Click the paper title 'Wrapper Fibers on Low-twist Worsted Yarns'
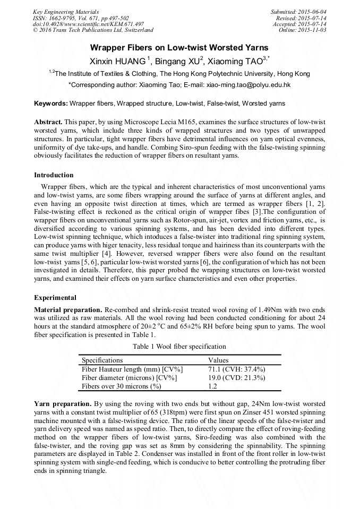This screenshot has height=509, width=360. click(x=180, y=47)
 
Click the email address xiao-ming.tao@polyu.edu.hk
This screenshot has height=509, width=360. click(x=248, y=84)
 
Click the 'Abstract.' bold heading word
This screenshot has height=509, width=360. click(x=49, y=122)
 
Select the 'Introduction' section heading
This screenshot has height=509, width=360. click(x=54, y=175)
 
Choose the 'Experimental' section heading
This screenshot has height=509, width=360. click(x=55, y=297)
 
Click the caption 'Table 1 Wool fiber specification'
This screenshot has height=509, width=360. click(x=179, y=347)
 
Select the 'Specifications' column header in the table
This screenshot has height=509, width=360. click(x=102, y=360)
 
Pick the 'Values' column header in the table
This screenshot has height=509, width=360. click(x=218, y=360)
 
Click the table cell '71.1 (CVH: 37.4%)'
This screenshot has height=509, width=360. click(x=236, y=369)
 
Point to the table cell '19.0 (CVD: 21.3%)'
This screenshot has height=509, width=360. click(x=236, y=377)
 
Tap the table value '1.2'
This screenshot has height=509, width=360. click(x=212, y=386)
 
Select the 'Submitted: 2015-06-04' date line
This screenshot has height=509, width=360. click(x=299, y=12)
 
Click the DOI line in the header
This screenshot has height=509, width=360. click(x=88, y=24)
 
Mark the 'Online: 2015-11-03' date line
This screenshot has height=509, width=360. click(x=303, y=30)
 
